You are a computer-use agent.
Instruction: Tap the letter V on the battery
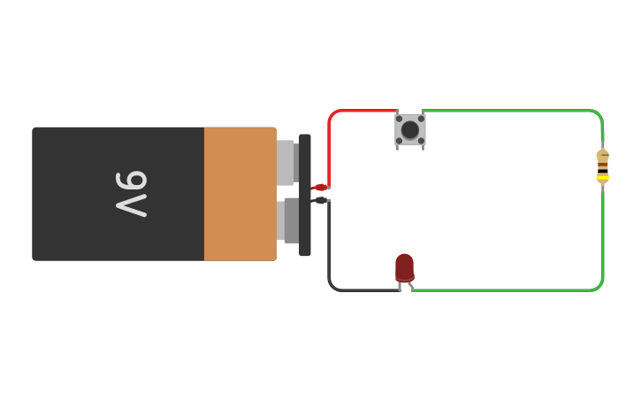[131, 206]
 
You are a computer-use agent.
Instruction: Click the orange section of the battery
[240, 194]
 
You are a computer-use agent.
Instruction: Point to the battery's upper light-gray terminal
[286, 162]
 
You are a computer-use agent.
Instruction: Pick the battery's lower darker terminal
[290, 220]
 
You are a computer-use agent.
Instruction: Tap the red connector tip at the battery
[320, 188]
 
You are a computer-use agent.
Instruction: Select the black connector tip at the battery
[320, 201]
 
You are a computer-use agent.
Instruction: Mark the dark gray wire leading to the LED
[330, 257]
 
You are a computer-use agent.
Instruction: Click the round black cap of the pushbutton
[409, 130]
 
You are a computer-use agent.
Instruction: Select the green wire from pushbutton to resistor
[513, 111]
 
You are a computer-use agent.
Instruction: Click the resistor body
[602, 165]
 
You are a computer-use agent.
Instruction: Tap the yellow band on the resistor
[602, 177]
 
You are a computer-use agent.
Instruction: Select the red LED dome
[404, 266]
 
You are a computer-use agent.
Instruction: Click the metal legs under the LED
[406, 285]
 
